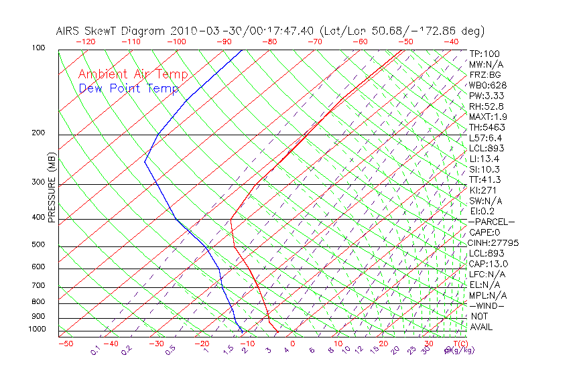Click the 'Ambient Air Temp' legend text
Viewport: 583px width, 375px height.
coord(133,75)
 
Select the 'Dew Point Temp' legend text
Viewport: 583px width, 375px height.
coord(129,88)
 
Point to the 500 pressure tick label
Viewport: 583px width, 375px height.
coord(38,245)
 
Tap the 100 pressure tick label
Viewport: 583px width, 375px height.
coord(38,48)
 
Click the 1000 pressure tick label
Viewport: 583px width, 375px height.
coord(36,329)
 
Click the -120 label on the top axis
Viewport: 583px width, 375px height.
coord(85,42)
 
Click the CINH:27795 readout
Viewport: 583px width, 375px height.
coord(494,243)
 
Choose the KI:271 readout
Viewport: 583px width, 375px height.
coord(483,190)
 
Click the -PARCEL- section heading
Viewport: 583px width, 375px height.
coord(491,222)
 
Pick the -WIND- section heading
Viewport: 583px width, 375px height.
coord(487,306)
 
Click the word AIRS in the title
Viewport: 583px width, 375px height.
coord(68,31)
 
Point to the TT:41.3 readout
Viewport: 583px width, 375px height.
coord(485,179)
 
